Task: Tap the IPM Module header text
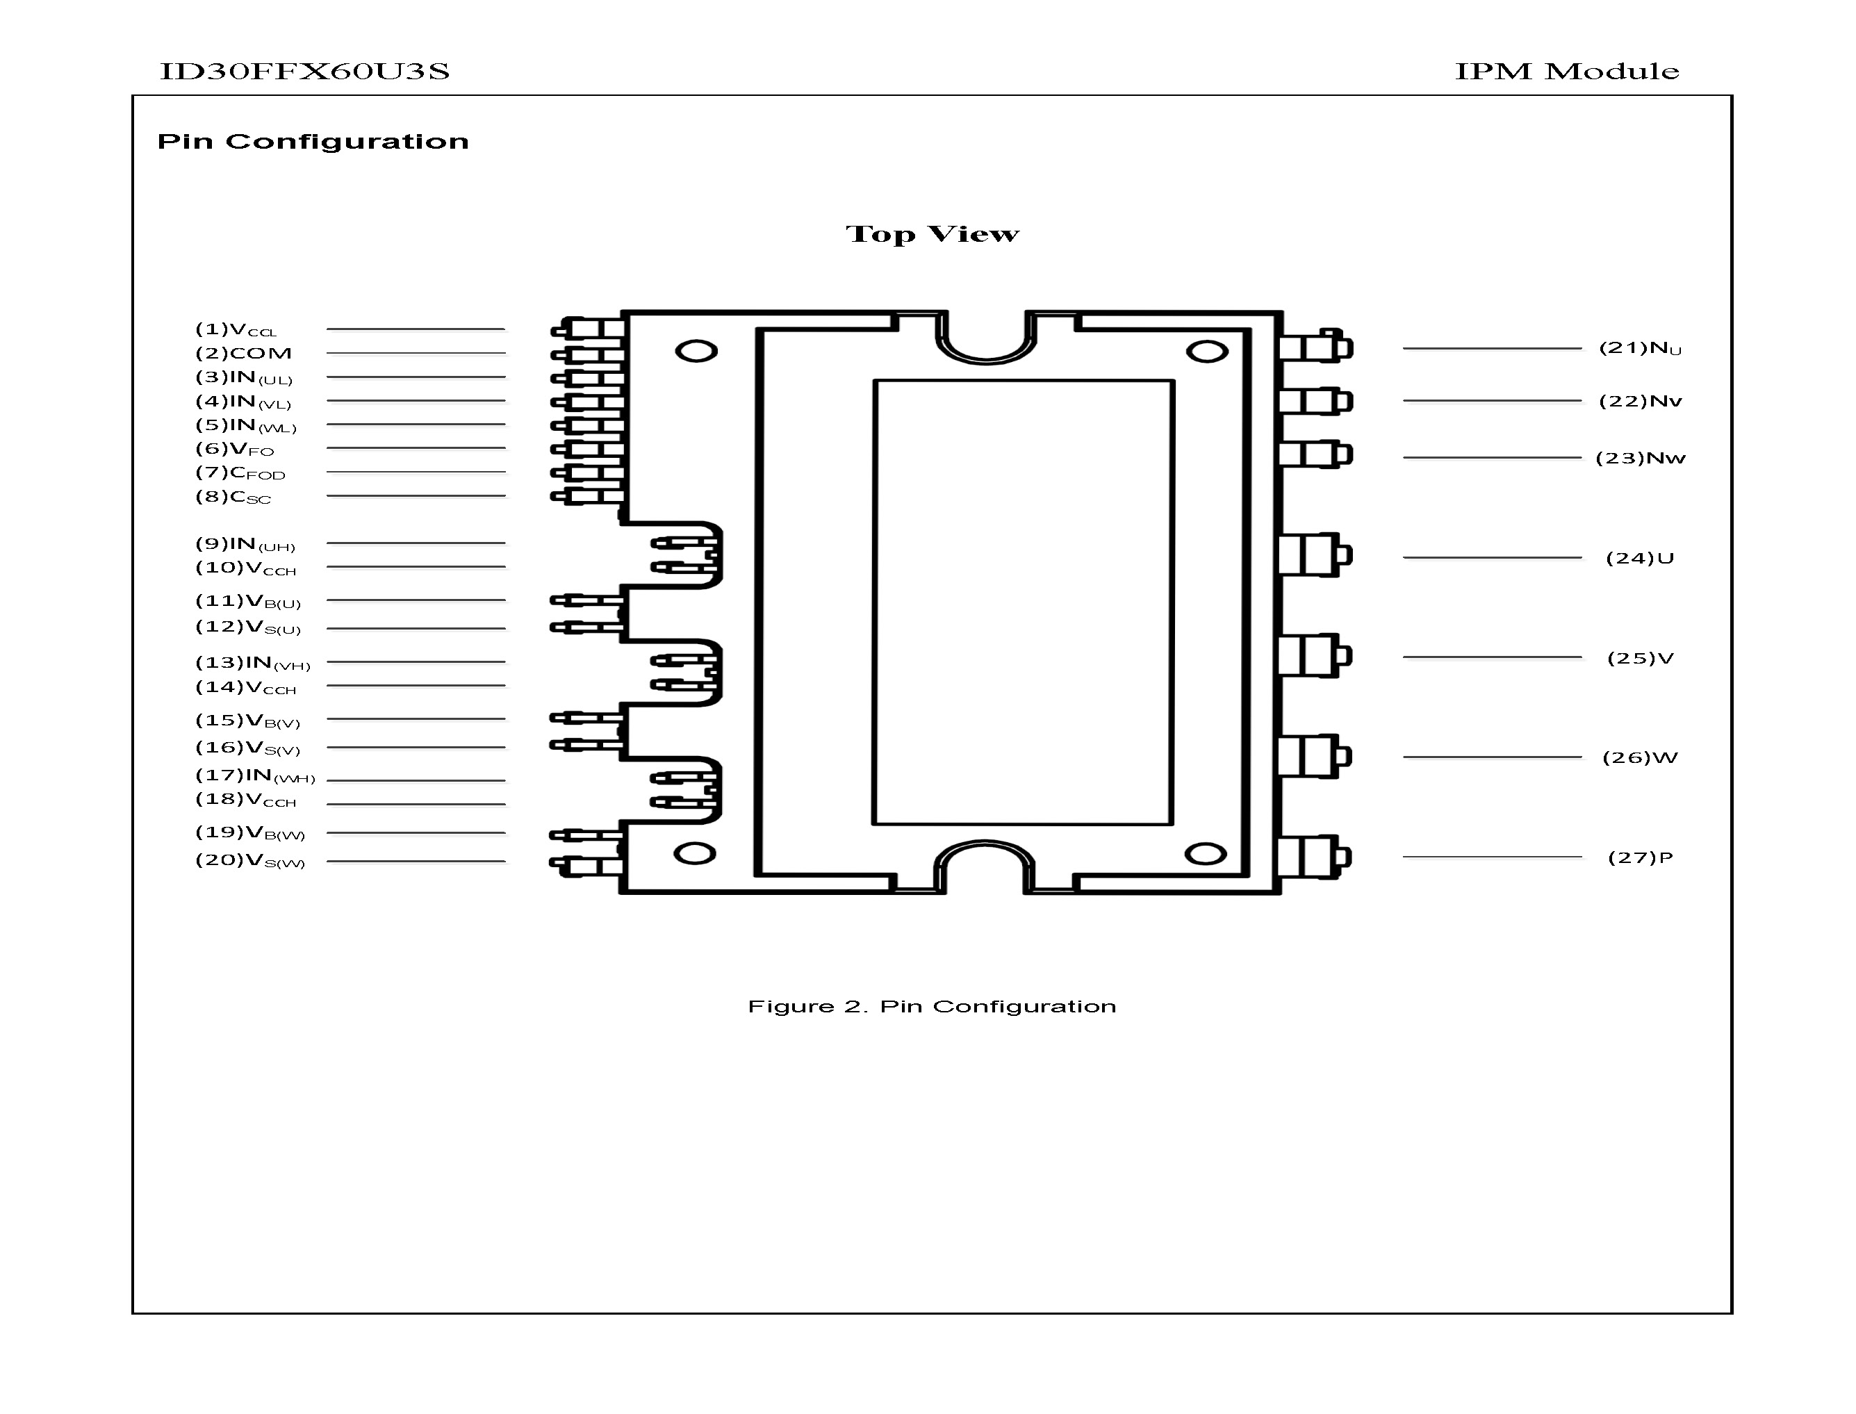click(x=1566, y=72)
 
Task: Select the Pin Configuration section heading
click(x=313, y=142)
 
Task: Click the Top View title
click(x=932, y=234)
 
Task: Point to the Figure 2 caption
click(x=932, y=1007)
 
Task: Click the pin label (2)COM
click(x=243, y=354)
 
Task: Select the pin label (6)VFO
click(x=235, y=450)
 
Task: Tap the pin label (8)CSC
click(x=233, y=497)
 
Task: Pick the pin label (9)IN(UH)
click(x=245, y=545)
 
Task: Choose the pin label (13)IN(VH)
click(x=252, y=664)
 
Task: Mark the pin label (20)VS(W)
click(x=250, y=860)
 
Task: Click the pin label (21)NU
click(x=1640, y=348)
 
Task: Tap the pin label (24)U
click(x=1640, y=558)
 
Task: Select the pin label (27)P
click(x=1640, y=857)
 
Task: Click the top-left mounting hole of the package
click(x=696, y=351)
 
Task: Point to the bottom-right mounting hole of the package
click(x=1206, y=854)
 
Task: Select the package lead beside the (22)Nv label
click(x=1315, y=402)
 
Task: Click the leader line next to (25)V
click(x=1491, y=657)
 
